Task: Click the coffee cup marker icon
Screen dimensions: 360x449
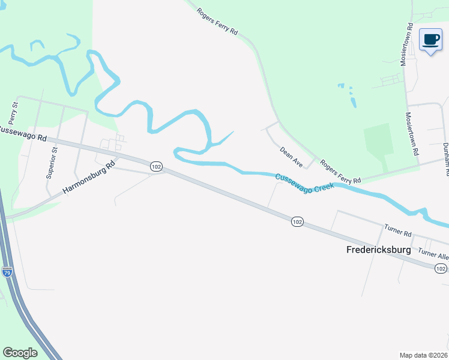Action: (430, 40)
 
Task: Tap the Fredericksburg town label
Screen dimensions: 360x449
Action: (379, 249)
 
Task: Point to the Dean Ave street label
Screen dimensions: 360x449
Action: (291, 155)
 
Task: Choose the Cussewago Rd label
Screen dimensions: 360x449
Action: (23, 133)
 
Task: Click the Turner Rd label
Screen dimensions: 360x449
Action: (398, 230)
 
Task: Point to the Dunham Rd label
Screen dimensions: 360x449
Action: (445, 159)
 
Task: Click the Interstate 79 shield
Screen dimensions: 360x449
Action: (7, 271)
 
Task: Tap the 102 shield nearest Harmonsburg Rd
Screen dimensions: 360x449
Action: (156, 166)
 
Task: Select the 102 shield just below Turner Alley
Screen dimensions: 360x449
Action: (440, 268)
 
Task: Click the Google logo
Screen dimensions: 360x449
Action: (20, 353)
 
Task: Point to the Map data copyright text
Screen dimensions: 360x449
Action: (424, 355)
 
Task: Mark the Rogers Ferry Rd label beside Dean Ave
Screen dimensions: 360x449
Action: (340, 172)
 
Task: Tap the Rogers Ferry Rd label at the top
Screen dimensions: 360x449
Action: (218, 22)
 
